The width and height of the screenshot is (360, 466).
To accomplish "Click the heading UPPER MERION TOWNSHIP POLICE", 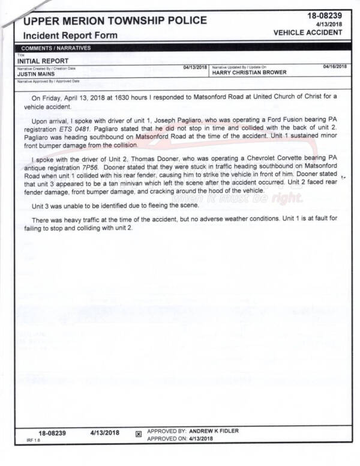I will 115,21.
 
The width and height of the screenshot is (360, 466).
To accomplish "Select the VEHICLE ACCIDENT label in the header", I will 308,32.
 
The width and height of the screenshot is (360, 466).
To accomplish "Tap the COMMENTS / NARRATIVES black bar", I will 56,47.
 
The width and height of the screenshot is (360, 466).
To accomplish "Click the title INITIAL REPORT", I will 43,61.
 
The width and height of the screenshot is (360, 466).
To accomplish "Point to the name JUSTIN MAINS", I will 38,73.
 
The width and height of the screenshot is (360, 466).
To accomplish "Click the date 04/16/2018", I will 334,66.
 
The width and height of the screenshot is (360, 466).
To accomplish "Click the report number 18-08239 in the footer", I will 52,432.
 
